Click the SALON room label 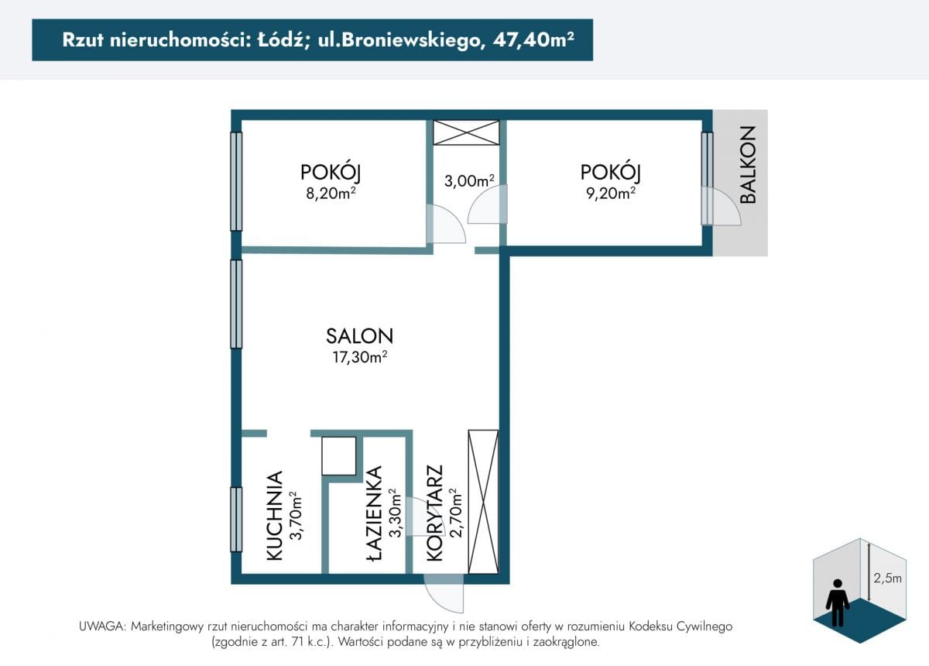[x=359, y=336]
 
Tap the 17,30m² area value [x=360, y=357]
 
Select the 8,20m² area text [x=331, y=194]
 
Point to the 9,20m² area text [x=611, y=194]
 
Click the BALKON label [x=748, y=165]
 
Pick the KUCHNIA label [x=274, y=516]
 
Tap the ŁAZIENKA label [x=374, y=514]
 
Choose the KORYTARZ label [x=434, y=513]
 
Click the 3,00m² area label [x=469, y=181]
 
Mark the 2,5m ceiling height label [x=887, y=578]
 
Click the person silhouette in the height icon [x=838, y=602]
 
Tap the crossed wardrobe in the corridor [x=483, y=502]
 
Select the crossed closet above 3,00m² [x=466, y=132]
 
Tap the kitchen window [x=236, y=520]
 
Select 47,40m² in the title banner [x=533, y=40]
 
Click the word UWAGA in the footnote [x=101, y=627]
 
